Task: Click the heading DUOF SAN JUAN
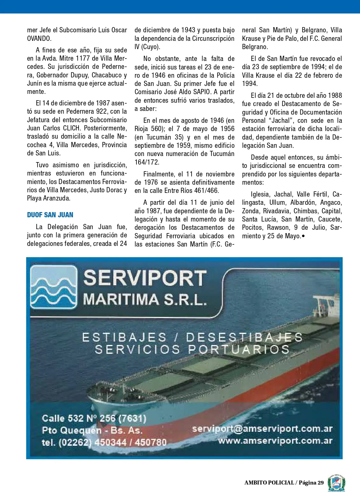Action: [50, 215]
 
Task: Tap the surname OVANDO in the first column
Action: [39, 39]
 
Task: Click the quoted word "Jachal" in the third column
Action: [280, 120]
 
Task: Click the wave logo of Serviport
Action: [54, 287]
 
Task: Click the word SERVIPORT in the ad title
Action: [145, 278]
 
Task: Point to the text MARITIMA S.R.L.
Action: [145, 300]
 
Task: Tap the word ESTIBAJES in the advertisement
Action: [125, 338]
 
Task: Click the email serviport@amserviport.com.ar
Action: [262, 429]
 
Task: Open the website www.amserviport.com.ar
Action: [275, 441]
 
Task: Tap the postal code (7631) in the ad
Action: [132, 418]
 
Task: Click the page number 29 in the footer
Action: [320, 483]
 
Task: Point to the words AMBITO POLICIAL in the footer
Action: [269, 483]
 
